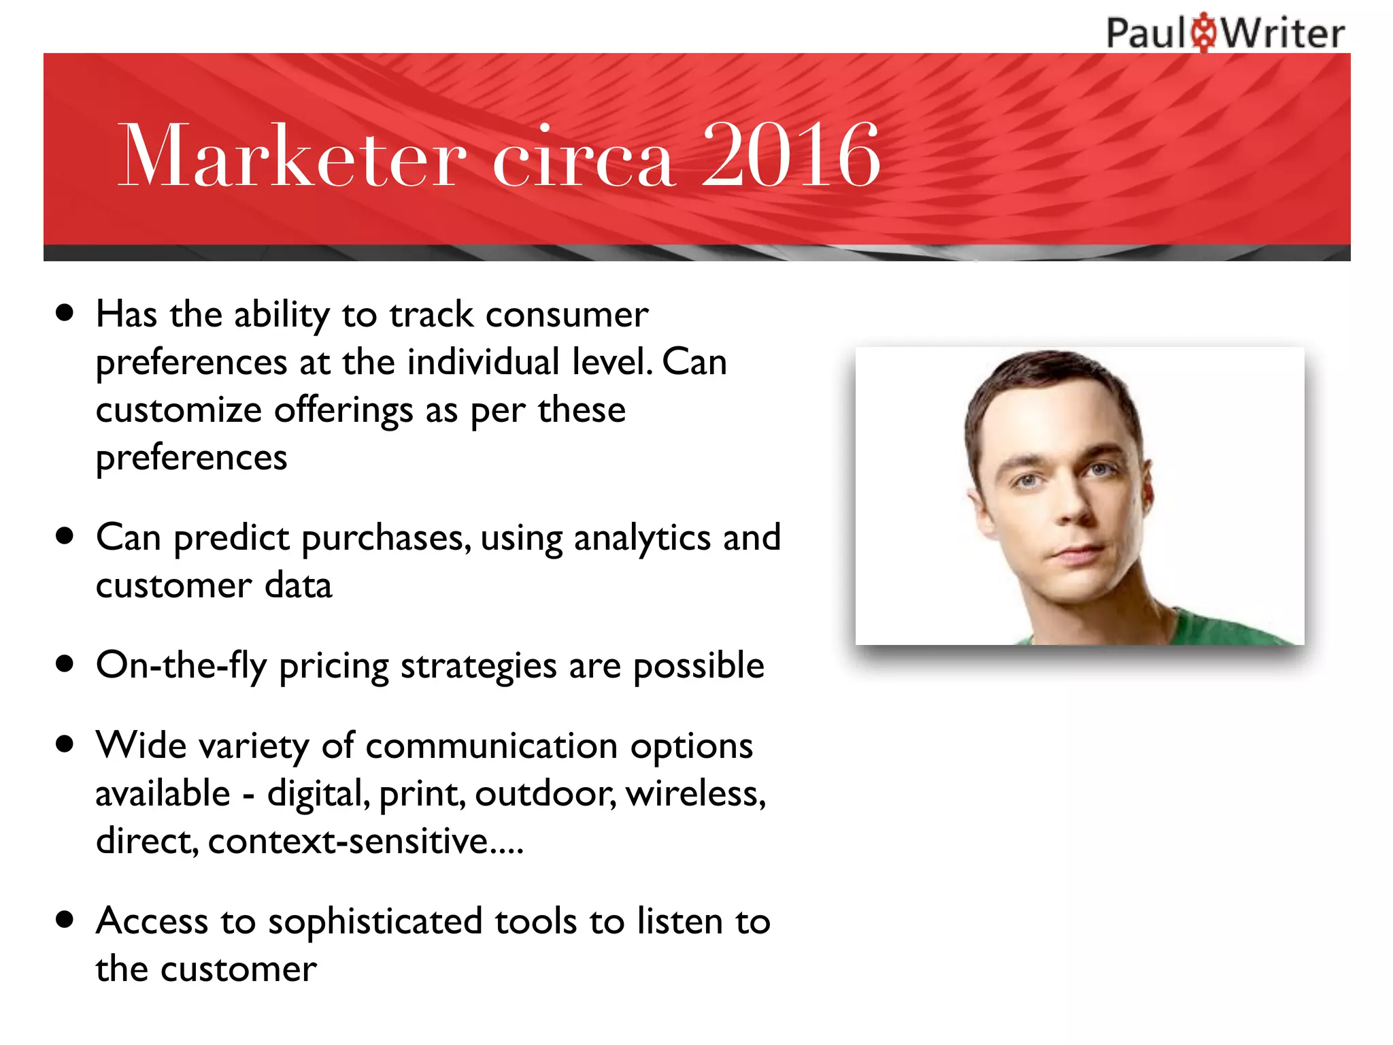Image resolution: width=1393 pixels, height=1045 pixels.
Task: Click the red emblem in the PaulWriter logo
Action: tap(1205, 32)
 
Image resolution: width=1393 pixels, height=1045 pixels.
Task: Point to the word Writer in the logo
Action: tap(1283, 33)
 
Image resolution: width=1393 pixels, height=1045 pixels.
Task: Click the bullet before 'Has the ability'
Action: tap(65, 314)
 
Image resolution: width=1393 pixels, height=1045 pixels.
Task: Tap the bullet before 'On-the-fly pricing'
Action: tap(65, 663)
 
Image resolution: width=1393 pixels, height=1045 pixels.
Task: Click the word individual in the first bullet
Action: tap(483, 362)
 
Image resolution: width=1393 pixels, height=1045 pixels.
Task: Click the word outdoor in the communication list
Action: tap(545, 794)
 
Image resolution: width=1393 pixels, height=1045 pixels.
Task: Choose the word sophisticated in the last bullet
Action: tap(375, 922)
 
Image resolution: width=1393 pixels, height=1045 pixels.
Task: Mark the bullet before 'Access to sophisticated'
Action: tap(65, 920)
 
